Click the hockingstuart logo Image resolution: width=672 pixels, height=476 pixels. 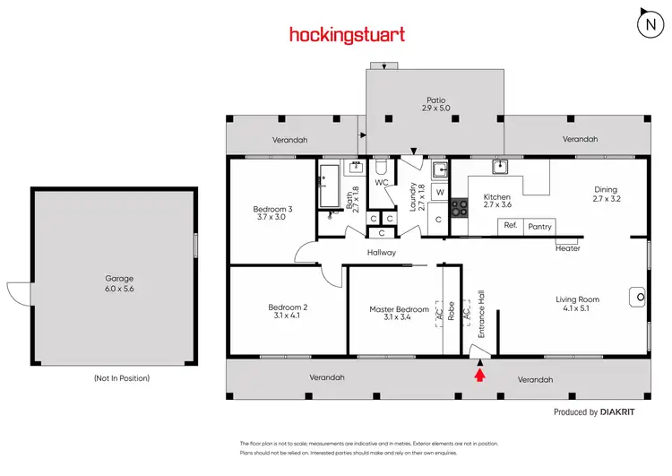coord(347,35)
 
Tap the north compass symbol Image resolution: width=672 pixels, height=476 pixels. coord(650,24)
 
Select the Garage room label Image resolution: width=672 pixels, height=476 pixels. coord(113,282)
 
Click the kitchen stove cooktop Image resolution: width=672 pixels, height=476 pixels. coord(459,208)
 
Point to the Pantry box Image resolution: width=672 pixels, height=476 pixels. coord(539,227)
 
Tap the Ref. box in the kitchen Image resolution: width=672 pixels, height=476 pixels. coord(512,225)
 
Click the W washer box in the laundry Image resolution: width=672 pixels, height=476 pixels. coord(440,192)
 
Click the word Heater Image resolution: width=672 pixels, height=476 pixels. coord(568,248)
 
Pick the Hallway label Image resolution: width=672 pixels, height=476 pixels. coord(381,253)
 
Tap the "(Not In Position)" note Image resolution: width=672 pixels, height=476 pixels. coord(122,378)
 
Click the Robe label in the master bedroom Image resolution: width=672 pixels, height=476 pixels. coord(452,310)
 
